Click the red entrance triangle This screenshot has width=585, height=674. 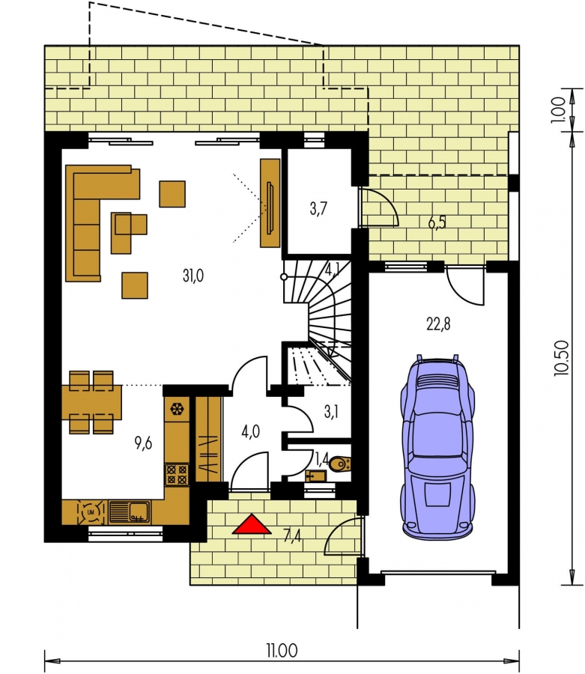tap(252, 525)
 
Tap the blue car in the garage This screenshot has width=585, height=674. tap(437, 446)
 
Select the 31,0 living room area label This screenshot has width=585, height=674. tap(193, 276)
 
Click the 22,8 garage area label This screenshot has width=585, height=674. tap(438, 324)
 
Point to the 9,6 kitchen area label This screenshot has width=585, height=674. tap(143, 443)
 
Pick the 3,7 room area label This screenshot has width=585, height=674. tap(318, 208)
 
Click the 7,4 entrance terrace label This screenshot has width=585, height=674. tap(292, 536)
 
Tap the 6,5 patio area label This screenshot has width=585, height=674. tap(437, 222)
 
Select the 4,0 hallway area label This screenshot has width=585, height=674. tap(250, 431)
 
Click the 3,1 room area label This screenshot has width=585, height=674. tap(331, 412)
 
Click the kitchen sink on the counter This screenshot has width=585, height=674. tap(130, 512)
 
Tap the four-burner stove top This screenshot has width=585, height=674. tap(177, 474)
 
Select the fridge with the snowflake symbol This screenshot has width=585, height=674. tap(177, 409)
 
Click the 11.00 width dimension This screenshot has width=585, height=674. tap(282, 650)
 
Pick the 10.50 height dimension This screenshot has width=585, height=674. tap(562, 359)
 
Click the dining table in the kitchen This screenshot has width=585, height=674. tap(91, 402)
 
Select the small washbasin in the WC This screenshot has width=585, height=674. tap(316, 476)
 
